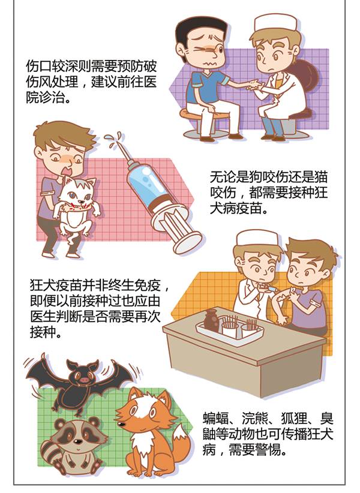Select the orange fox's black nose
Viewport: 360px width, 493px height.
[121, 425]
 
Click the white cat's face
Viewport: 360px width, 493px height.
[79, 194]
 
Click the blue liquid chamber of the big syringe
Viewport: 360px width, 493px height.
[148, 182]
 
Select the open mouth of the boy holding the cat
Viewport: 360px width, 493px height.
[68, 172]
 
